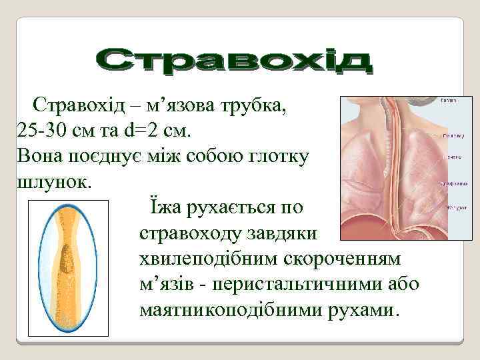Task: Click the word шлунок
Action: coord(49,181)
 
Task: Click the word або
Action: coord(404,285)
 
